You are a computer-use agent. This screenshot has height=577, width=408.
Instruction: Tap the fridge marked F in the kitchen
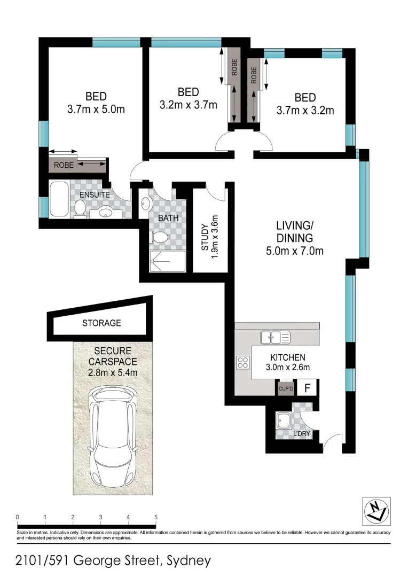click(308, 387)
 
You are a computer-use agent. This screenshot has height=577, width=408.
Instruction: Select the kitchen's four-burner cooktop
click(242, 362)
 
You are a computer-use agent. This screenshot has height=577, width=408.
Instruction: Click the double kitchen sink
click(275, 337)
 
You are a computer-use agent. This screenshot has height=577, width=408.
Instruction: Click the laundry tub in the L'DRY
click(284, 420)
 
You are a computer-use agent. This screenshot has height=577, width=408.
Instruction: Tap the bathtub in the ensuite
click(58, 199)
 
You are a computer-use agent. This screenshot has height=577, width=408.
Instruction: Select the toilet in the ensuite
click(80, 209)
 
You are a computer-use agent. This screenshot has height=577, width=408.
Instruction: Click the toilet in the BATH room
click(161, 237)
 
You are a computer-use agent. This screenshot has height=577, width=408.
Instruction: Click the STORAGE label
click(101, 323)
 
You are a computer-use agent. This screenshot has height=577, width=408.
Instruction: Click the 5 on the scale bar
click(156, 517)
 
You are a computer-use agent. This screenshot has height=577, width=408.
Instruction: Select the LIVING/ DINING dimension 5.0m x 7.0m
click(294, 251)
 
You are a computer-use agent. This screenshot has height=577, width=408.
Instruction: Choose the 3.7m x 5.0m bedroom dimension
click(96, 110)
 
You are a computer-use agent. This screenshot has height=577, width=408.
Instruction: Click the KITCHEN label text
click(287, 357)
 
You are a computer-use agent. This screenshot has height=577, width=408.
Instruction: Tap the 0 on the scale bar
click(18, 517)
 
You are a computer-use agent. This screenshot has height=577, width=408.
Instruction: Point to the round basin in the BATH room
click(146, 203)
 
